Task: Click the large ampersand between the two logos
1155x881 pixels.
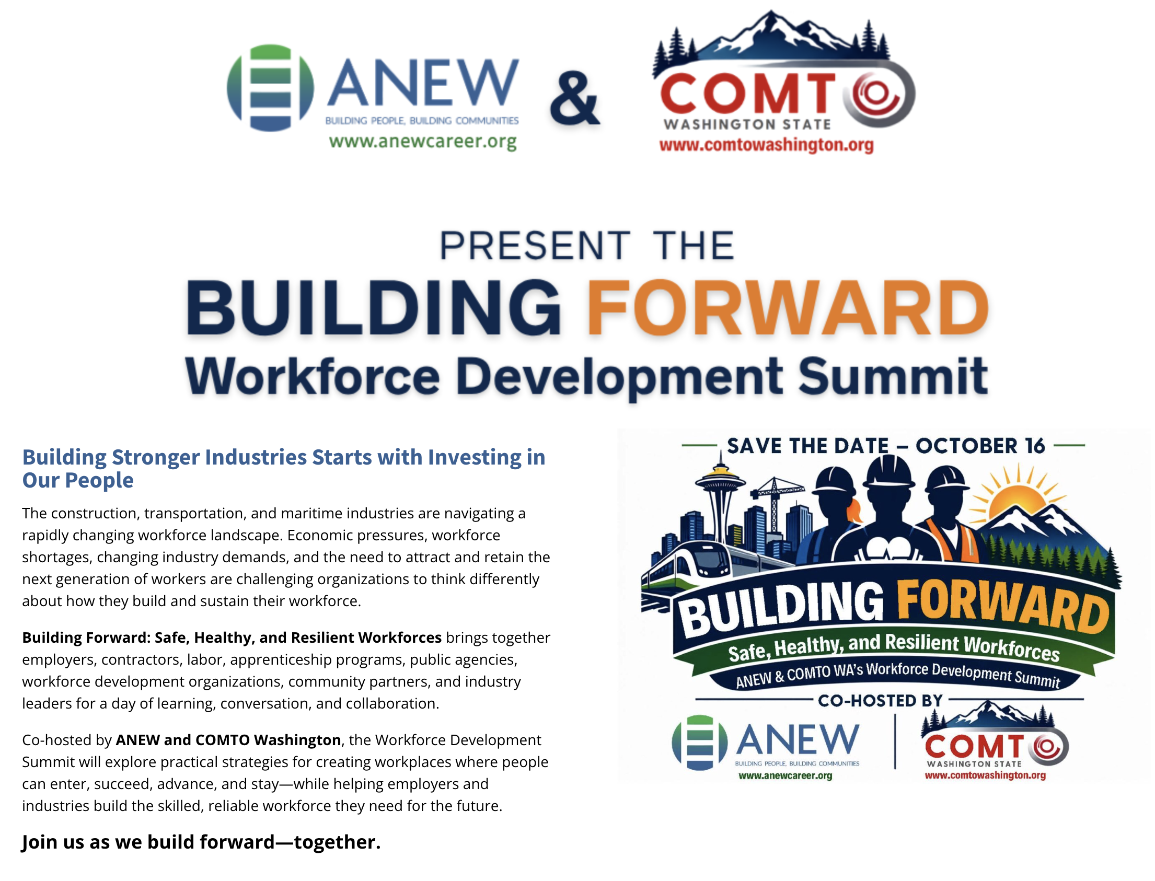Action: [x=574, y=99]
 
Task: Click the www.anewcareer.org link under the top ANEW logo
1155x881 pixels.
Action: [x=423, y=142]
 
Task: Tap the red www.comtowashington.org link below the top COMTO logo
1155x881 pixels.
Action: [x=766, y=145]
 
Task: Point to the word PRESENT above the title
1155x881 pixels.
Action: [x=535, y=246]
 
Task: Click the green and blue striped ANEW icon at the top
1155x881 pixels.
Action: [x=270, y=88]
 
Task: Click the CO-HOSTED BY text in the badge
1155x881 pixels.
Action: [x=880, y=701]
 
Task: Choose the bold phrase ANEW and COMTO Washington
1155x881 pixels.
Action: [x=228, y=740]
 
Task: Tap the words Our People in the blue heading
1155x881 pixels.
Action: [x=78, y=480]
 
